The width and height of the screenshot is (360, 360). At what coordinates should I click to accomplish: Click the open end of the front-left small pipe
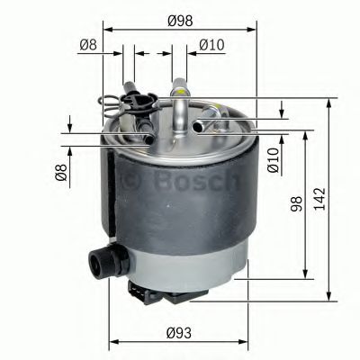148,139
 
